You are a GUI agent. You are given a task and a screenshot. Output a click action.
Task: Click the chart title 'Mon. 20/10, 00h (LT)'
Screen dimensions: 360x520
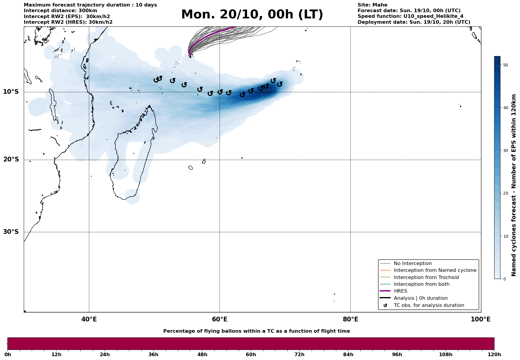click(252, 15)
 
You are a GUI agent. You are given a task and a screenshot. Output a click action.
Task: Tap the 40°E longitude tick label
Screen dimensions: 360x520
click(89, 319)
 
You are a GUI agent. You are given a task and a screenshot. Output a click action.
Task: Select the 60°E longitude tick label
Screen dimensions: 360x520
click(220, 319)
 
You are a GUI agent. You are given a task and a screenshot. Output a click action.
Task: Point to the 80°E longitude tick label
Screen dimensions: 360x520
click(350, 319)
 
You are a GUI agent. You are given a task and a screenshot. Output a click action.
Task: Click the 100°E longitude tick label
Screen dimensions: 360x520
click(481, 319)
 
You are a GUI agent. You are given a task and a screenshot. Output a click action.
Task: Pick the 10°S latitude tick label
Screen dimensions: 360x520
click(11, 92)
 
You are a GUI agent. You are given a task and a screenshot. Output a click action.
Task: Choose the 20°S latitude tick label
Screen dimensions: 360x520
click(11, 160)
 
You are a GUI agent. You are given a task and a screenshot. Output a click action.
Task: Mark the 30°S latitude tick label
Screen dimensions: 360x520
click(11, 232)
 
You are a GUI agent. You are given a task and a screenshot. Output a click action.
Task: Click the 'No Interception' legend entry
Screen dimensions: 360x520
click(413, 264)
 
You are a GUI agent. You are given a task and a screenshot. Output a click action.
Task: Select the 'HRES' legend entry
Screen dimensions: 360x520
click(400, 291)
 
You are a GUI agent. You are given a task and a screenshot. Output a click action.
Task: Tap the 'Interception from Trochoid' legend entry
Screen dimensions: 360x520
click(426, 277)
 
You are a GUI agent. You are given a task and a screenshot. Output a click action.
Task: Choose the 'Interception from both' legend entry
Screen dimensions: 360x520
click(421, 284)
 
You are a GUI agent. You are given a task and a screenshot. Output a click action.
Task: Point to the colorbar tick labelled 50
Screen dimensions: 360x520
click(505, 65)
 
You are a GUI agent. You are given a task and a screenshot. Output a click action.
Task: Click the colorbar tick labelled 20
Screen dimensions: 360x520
click(505, 194)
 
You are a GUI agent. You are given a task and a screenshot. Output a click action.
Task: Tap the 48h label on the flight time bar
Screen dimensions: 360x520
click(202, 355)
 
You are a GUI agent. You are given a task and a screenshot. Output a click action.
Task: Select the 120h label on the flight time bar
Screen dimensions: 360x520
click(494, 355)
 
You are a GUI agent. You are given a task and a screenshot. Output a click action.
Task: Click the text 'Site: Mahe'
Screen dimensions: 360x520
click(372, 5)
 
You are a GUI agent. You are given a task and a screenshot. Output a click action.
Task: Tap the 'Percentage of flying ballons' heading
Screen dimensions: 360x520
click(256, 331)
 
